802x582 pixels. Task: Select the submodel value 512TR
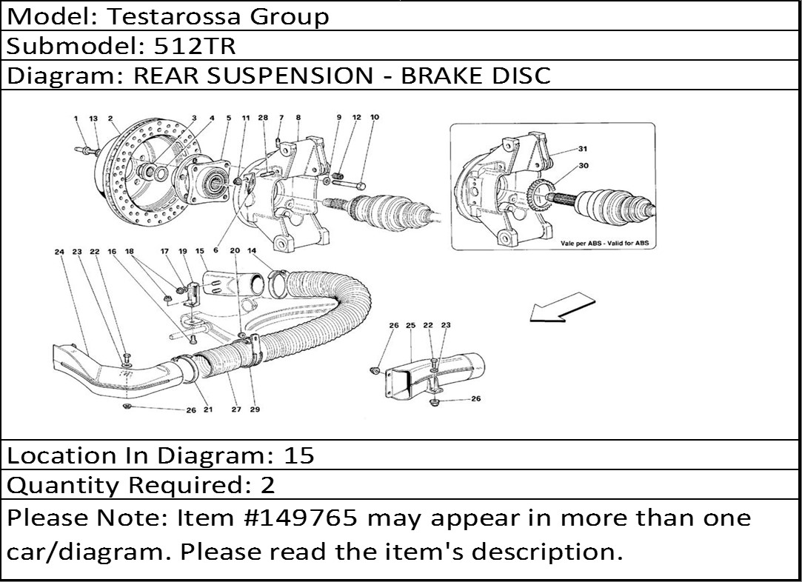(194, 47)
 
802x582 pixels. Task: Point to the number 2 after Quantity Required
(267, 485)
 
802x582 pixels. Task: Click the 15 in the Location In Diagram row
(299, 455)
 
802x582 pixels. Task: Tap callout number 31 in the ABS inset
(582, 149)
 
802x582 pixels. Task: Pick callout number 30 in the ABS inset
(583, 166)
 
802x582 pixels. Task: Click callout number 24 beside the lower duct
(59, 252)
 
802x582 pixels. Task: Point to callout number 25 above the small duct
(410, 326)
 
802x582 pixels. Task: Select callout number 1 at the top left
(76, 118)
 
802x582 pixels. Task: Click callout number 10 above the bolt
(374, 118)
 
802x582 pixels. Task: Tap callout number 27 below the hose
(236, 409)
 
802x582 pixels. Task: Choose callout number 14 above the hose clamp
(252, 252)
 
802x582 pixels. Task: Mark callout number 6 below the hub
(215, 250)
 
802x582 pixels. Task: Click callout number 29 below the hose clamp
(255, 409)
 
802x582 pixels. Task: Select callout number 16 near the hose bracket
(113, 252)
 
